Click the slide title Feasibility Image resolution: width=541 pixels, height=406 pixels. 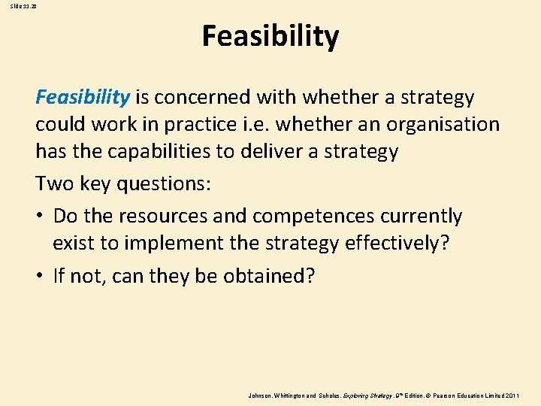click(270, 36)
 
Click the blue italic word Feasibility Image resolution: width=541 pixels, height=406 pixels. click(83, 97)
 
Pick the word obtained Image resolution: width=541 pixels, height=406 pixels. click(267, 276)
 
